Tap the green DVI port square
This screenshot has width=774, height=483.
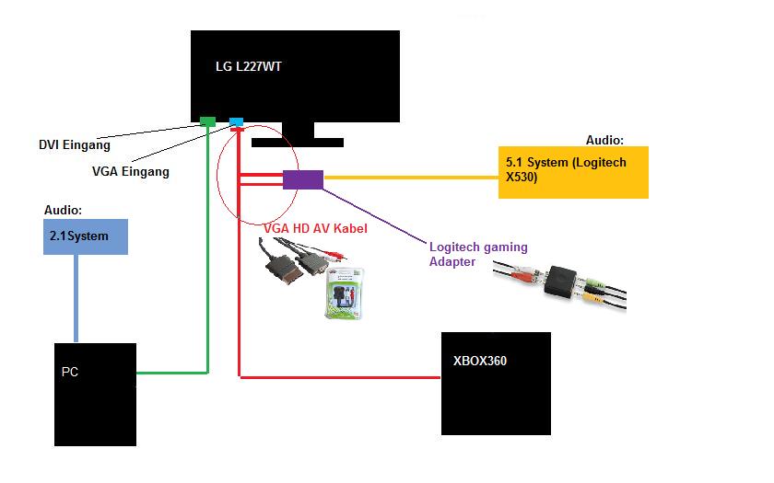[x=207, y=121]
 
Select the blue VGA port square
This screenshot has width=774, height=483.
[x=236, y=121]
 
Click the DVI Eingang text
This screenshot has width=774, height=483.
[x=74, y=144]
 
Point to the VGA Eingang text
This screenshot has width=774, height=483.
[x=130, y=171]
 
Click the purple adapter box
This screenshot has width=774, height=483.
[x=302, y=179]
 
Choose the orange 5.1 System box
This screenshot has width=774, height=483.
[x=573, y=172]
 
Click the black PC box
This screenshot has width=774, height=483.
[x=94, y=394]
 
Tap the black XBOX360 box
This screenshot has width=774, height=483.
[x=496, y=383]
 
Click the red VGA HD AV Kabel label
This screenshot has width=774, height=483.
[x=316, y=226]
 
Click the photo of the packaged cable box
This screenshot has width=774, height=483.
[x=343, y=294]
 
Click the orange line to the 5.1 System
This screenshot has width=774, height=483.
[x=410, y=177]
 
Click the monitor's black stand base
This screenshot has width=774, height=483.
[x=297, y=143]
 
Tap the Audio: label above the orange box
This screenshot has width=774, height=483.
[x=604, y=141]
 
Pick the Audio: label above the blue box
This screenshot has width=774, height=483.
[x=63, y=210]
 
